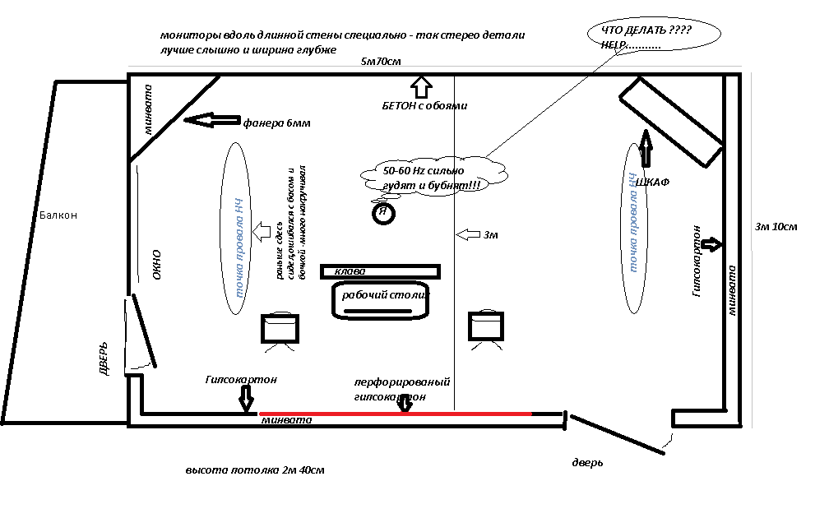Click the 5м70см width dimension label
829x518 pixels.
point(381,62)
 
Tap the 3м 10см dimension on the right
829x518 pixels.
point(776,226)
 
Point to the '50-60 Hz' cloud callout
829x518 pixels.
point(433,178)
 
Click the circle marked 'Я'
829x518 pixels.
point(382,213)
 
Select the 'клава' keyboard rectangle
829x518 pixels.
point(381,271)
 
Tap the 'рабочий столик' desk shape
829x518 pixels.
point(381,301)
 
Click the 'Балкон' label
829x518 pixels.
point(58,215)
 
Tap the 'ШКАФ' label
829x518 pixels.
point(653,182)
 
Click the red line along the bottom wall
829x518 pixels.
point(395,413)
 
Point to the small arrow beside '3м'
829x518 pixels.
point(468,235)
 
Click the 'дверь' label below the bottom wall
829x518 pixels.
point(587,463)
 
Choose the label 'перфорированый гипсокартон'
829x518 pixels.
point(401,389)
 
